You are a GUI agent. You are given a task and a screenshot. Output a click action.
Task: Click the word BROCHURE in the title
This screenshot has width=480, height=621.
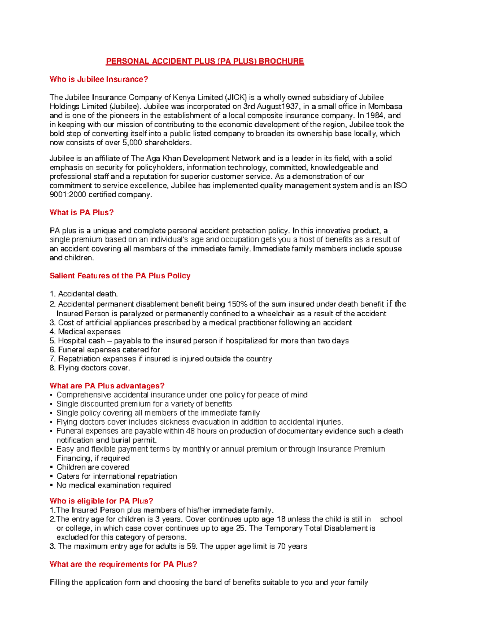point(281,61)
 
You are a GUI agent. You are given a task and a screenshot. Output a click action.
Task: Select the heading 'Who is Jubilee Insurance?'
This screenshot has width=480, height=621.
point(99,79)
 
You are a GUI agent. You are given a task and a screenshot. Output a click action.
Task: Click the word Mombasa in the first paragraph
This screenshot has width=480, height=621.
point(385,106)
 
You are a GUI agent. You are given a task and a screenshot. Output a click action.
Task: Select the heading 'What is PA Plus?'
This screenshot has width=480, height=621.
point(82,212)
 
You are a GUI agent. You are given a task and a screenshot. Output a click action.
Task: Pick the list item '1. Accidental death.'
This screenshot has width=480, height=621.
point(84,294)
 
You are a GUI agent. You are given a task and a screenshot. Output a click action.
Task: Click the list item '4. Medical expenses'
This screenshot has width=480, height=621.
point(85,331)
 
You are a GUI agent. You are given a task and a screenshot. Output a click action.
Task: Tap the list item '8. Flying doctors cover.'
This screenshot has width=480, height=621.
point(90,368)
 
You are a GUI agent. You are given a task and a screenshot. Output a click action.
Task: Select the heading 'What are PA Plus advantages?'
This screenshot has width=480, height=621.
point(107,386)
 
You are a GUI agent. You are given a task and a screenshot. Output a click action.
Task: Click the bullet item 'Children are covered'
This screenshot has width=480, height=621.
point(92,467)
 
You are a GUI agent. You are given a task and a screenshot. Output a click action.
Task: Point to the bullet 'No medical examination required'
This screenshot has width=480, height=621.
point(114,485)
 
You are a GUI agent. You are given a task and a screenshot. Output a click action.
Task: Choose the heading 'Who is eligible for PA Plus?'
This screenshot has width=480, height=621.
point(101,501)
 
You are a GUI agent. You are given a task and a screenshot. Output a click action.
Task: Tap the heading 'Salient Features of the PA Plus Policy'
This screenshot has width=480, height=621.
point(120,276)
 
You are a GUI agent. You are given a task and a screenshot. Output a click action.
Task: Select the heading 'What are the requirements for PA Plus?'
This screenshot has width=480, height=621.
point(123,564)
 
